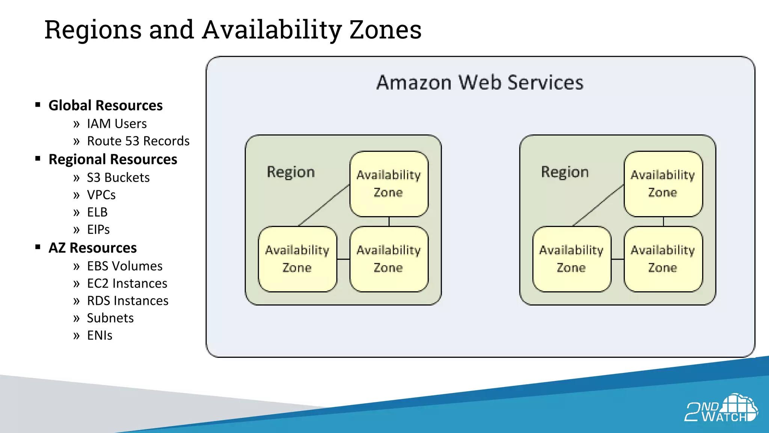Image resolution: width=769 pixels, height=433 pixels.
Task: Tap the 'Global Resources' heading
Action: click(106, 105)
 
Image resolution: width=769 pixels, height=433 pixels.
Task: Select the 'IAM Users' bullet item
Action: click(117, 124)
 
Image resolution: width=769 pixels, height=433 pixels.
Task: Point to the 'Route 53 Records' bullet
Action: click(138, 141)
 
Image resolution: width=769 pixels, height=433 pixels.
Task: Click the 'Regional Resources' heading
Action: click(113, 159)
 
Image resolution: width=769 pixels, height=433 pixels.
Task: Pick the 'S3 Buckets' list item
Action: click(118, 177)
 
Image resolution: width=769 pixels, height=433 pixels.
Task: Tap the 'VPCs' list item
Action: click(101, 195)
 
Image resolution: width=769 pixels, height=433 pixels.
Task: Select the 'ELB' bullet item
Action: click(97, 212)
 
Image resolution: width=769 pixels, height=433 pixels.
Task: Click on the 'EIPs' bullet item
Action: click(98, 229)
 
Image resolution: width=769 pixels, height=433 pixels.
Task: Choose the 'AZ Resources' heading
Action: click(93, 248)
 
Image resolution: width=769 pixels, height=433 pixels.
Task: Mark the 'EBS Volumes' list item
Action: click(125, 266)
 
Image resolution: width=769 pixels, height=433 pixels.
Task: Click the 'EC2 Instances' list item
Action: click(127, 283)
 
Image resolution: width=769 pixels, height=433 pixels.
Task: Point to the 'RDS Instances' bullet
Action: click(128, 301)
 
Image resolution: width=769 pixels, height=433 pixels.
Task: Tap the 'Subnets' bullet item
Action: click(110, 318)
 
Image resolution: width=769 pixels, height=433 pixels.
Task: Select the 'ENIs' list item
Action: click(100, 335)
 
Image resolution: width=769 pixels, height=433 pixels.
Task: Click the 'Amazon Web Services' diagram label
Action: click(480, 82)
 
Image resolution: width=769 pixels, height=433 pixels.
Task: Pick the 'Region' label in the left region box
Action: click(291, 172)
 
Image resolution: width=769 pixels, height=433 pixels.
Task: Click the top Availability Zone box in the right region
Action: click(663, 184)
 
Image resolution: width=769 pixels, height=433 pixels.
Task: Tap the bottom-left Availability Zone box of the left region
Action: click(297, 259)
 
